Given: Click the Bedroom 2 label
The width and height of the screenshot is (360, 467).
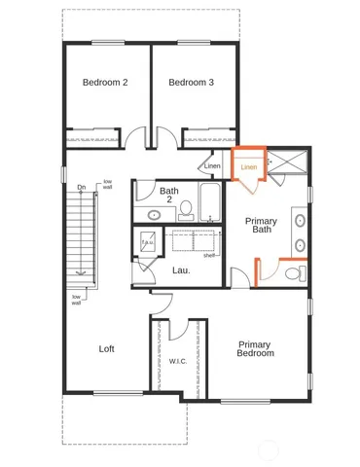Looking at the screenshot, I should click(105, 83).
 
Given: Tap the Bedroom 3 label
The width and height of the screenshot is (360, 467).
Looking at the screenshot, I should click(191, 83).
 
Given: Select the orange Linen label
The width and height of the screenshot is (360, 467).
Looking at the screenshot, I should click(249, 167).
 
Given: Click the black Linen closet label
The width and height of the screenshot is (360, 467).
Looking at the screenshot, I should click(212, 166).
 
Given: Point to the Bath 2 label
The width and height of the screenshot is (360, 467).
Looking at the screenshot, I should click(169, 197).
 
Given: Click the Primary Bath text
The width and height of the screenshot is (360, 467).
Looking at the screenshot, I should click(261, 226).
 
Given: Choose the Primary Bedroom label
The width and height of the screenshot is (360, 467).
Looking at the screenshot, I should click(255, 349).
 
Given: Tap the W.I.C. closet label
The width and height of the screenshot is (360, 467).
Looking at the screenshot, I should click(178, 361).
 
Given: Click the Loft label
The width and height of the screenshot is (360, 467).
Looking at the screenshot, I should click(107, 348).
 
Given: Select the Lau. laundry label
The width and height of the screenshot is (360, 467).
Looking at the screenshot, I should click(181, 270).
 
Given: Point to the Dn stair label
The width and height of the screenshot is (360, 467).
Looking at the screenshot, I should click(82, 188).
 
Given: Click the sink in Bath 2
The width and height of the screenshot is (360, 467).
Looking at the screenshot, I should click(155, 214).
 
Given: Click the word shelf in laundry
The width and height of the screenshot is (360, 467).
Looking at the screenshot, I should click(208, 256).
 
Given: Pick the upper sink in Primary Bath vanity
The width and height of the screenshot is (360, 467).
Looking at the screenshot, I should click(300, 218).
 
